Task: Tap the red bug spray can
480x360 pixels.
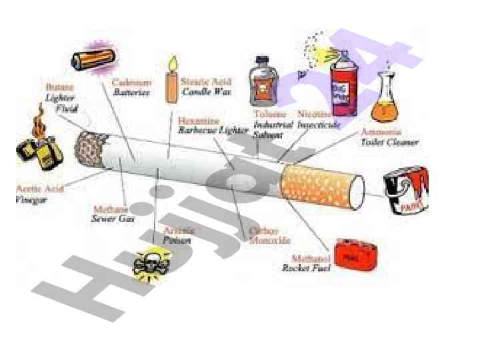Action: (x=343, y=81)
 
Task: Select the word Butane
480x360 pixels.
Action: (x=60, y=87)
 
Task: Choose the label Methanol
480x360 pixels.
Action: (x=311, y=257)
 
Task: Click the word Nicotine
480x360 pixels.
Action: (x=315, y=114)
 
